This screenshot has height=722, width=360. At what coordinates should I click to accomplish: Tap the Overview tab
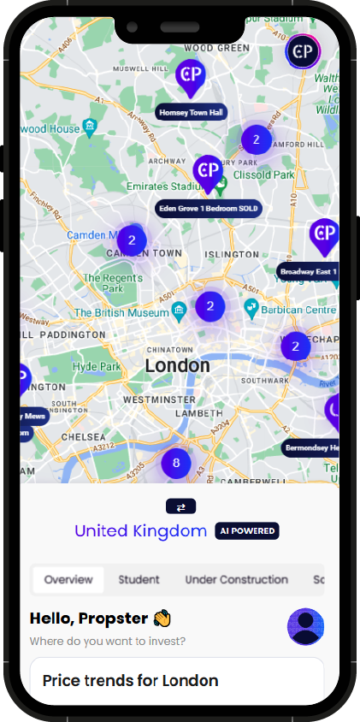click(68, 579)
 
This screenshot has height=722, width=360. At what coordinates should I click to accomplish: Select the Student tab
click(139, 579)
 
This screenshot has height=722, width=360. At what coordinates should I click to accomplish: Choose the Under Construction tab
click(236, 579)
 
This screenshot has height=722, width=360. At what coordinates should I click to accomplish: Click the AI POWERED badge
click(247, 531)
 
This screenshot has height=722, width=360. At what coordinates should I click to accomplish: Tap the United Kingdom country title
click(140, 531)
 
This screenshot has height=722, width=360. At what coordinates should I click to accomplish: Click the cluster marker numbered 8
click(176, 464)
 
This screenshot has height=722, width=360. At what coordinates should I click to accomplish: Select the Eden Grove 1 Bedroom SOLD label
click(208, 208)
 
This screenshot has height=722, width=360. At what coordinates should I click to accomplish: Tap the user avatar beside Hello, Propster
click(306, 626)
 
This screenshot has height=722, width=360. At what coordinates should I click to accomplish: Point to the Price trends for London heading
click(130, 681)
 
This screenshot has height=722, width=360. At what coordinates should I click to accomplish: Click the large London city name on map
click(177, 366)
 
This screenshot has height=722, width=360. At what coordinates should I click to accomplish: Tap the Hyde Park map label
click(97, 366)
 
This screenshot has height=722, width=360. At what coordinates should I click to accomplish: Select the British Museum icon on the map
click(179, 309)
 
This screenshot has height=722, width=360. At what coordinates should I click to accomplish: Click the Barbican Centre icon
click(251, 307)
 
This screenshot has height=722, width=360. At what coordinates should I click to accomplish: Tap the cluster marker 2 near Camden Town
click(132, 240)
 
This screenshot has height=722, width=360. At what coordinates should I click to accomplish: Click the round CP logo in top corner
click(302, 51)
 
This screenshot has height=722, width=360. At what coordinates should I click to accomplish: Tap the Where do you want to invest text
click(107, 641)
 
